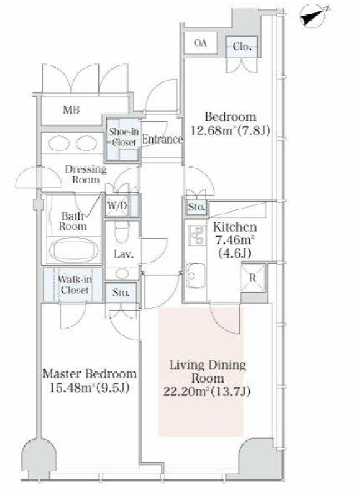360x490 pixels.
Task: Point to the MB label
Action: pos(71,110)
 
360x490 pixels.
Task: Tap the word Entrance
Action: pos(162,140)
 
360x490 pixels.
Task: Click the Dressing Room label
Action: pos(85,174)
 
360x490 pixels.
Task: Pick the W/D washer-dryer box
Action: pos(117,205)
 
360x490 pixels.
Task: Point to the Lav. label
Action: pos(122,255)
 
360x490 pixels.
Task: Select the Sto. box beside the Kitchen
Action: pos(196,208)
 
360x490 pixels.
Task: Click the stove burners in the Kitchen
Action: pos(196,236)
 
